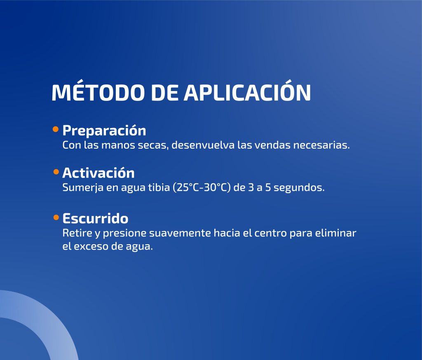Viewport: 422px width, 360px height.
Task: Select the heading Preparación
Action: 104,131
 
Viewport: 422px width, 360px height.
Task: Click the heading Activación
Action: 98,173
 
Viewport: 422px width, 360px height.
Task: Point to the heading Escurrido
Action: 95,218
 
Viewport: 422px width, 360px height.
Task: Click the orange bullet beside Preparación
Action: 56,129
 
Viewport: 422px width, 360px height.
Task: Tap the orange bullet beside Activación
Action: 56,172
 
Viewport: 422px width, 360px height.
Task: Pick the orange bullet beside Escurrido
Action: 56,217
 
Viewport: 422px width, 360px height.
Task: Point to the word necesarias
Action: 321,145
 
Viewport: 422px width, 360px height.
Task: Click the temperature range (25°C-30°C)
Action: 202,187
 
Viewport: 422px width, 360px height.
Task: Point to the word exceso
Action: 91,247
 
